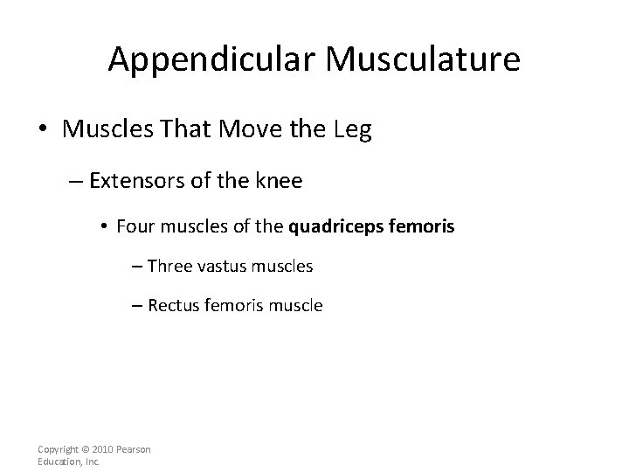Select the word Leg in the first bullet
(x=352, y=131)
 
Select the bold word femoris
(x=426, y=226)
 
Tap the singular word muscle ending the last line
(x=298, y=305)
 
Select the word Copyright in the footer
(x=60, y=449)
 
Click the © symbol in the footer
(x=86, y=449)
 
